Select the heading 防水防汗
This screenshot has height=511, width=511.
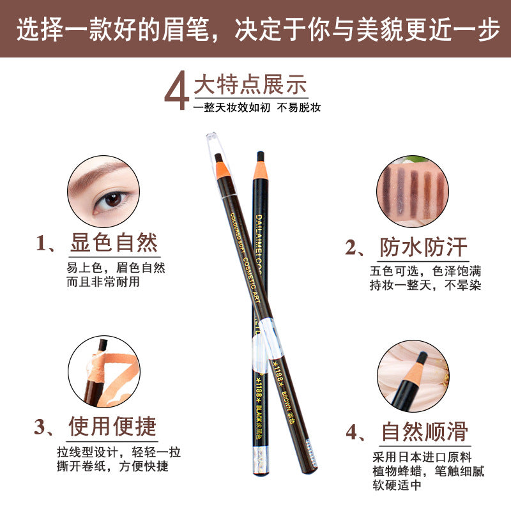coord(423,247)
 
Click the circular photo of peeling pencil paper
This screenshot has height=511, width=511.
coord(103,372)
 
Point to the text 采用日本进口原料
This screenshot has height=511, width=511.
coord(422,457)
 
